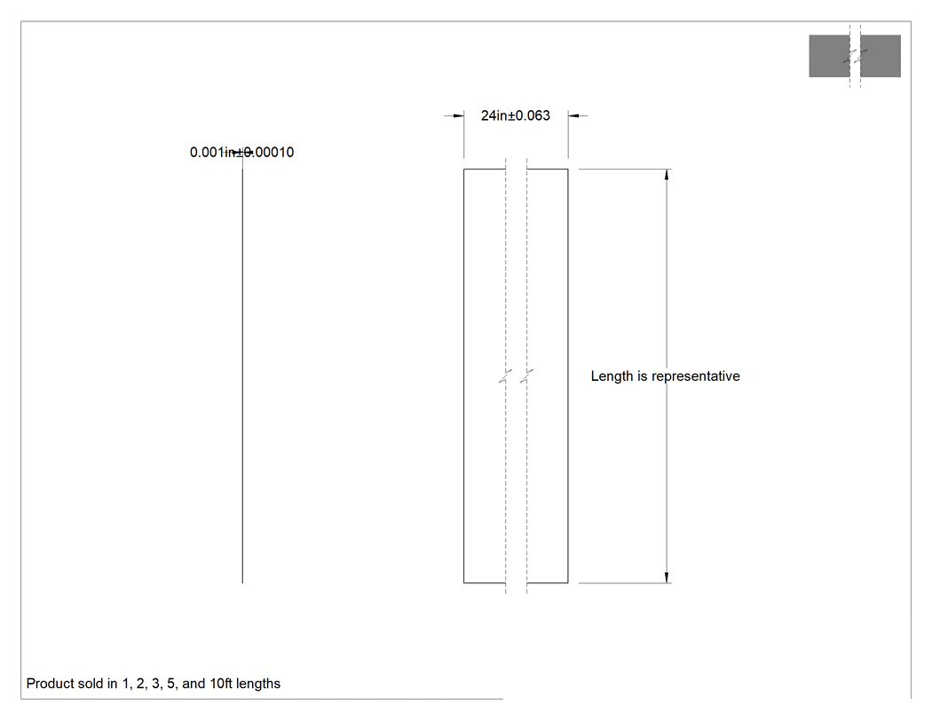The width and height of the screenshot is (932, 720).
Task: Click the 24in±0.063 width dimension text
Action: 516,115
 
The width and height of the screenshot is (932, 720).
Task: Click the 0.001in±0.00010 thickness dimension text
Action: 242,152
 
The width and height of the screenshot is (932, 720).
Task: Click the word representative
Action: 695,376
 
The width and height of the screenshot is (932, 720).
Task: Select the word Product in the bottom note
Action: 50,684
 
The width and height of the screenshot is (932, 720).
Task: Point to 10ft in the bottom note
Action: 221,684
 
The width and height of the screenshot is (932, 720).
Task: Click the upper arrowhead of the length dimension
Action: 667,174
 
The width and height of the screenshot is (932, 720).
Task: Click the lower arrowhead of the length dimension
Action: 667,577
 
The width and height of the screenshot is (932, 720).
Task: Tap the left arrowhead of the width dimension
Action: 458,115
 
